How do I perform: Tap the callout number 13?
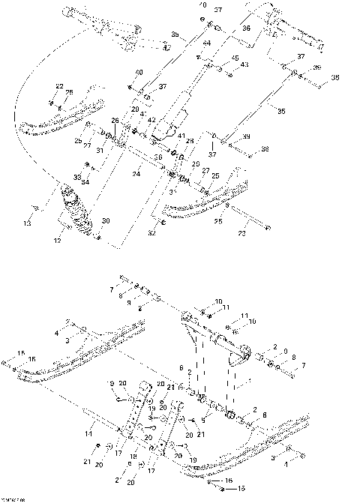[28, 223]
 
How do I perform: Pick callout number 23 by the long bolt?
[242, 234]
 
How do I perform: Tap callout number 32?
[153, 232]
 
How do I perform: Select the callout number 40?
[139, 72]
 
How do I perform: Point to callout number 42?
[152, 120]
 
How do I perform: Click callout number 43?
[244, 65]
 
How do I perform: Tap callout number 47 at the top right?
[321, 47]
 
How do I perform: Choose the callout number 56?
[157, 157]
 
